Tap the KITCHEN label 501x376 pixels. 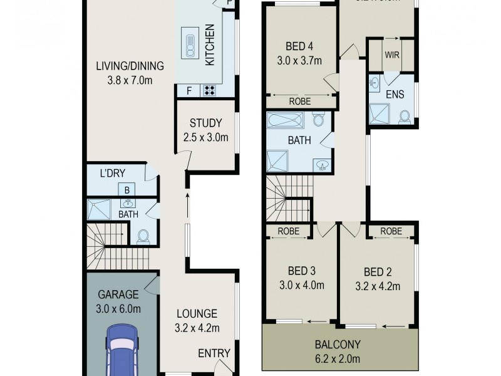point(210,45)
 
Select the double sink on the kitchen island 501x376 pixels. point(189,45)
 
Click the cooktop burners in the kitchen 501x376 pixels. point(209,91)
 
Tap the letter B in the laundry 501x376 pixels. point(127,189)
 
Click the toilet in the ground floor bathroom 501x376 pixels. point(143,236)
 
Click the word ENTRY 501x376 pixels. point(214,353)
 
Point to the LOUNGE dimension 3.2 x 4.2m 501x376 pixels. point(196,326)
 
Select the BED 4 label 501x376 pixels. point(299,46)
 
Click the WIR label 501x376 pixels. point(392,55)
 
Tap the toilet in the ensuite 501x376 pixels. point(405,117)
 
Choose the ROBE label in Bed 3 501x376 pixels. point(288,231)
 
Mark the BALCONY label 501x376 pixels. point(339,345)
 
